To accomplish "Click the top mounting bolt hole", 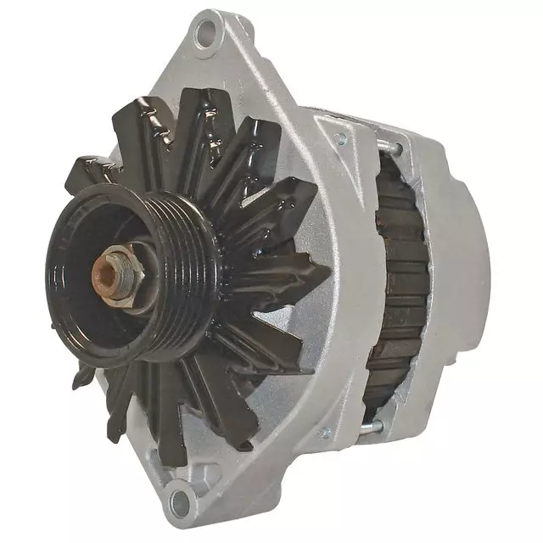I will click(x=204, y=36).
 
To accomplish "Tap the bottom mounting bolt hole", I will click(x=180, y=495).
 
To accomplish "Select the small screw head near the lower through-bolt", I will click(x=324, y=434).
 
